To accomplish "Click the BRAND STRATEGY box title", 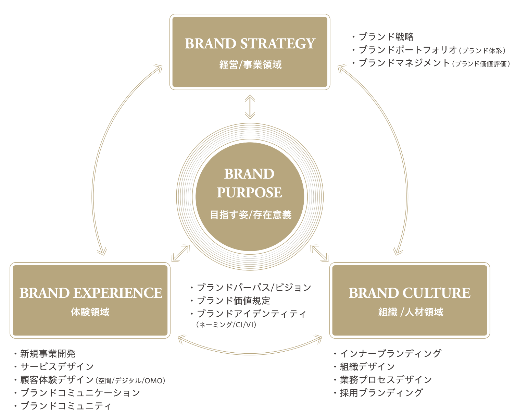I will coord(250,44).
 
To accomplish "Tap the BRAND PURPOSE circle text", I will coord(249,183).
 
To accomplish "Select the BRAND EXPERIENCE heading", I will coord(91,293).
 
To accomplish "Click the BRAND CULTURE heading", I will coord(410,293).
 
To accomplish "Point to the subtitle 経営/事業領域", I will coord(250,64).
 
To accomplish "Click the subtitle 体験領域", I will coord(90,312).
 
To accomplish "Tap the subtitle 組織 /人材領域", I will coord(411,312).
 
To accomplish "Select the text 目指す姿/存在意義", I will coord(250,215).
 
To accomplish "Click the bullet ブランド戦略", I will coord(386,37).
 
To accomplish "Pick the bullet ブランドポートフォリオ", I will coord(407,50).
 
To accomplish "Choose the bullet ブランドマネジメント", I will coord(404,63).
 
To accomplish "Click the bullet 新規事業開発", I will coord(48,354).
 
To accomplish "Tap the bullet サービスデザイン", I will coord(57,367).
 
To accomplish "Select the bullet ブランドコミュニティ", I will coord(66,406).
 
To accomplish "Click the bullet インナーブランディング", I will coord(390,353).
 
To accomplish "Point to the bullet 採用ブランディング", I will coord(381,393).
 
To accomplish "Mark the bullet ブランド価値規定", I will coord(234,301).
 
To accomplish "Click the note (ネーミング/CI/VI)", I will coord(226,325).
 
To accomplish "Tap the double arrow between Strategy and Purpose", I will coord(250,108).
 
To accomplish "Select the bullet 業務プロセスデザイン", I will coord(386,380).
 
